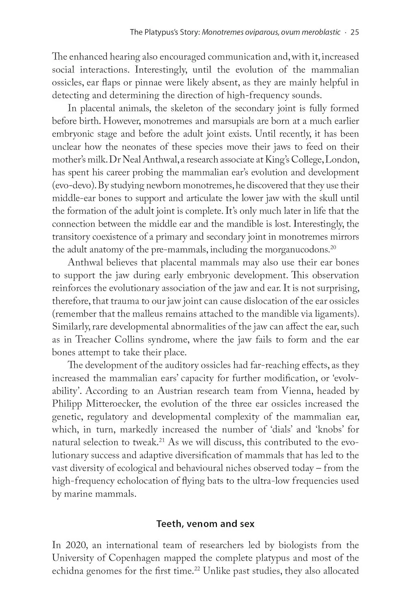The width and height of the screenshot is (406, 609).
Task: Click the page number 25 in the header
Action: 354,32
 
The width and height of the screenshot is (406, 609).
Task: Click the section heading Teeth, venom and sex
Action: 205,524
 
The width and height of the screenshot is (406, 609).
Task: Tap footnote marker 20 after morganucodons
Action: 333,247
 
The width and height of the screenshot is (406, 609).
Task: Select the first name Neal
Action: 125,160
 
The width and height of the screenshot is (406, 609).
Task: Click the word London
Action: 343,160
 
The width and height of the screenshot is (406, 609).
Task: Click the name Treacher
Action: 105,339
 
